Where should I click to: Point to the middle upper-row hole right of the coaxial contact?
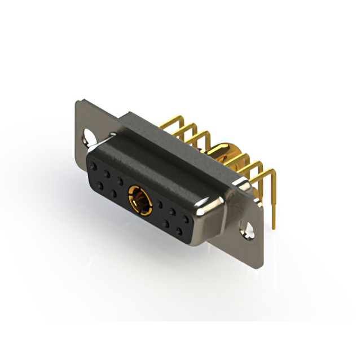click(x=173, y=210)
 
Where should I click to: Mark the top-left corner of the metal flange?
click(x=77, y=102)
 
